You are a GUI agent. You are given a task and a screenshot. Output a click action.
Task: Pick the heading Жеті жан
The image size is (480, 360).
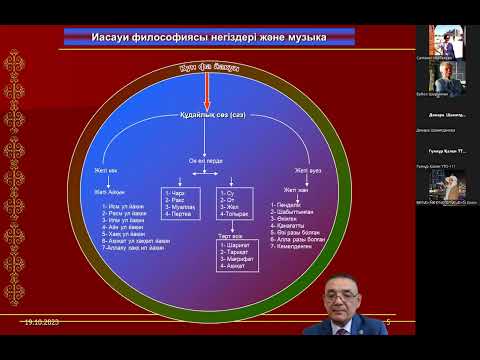297,189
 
